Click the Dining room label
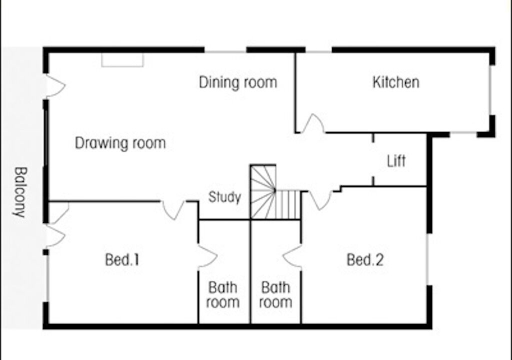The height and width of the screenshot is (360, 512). coord(238,82)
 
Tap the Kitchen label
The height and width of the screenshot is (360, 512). coord(396,82)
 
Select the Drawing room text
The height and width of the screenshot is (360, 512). coord(120,143)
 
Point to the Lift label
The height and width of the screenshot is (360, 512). coord(396,161)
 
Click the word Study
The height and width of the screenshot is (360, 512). coord(224,197)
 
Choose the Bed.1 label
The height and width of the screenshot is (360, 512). coord(122,260)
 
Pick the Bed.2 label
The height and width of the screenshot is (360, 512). coord(365,260)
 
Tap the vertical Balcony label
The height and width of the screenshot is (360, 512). coord(20,192)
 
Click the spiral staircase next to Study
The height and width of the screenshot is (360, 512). coord(263,192)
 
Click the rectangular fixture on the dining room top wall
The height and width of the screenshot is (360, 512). coord(122,60)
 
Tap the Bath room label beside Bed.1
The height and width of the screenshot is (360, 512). coord(223,294)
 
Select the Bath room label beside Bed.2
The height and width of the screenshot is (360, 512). coord(275,294)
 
